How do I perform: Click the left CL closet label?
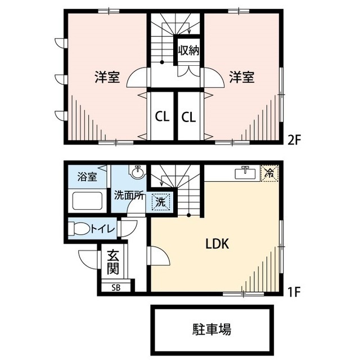162,117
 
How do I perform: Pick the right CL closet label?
188,117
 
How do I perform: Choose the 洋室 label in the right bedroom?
241,78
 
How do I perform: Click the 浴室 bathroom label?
87,177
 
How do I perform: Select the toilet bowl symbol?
78,229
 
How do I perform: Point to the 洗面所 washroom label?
130,196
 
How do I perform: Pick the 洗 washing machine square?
160,201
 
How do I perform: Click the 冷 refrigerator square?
269,173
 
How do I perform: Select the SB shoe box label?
115,287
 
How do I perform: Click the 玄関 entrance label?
113,261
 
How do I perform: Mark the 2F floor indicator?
296,139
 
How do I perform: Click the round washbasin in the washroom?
137,171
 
